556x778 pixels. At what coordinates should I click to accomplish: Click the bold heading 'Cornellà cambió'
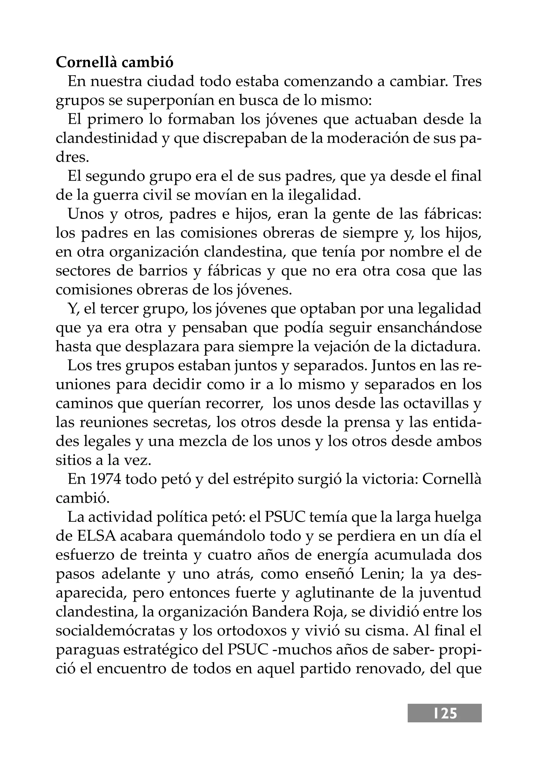coord(114,63)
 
